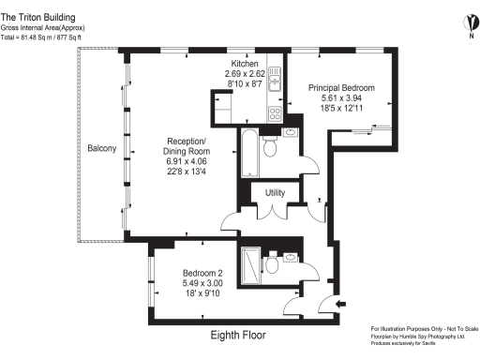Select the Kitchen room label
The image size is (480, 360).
tap(239, 62)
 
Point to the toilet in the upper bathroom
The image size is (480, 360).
tap(270, 147)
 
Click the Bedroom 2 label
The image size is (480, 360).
tap(203, 272)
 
